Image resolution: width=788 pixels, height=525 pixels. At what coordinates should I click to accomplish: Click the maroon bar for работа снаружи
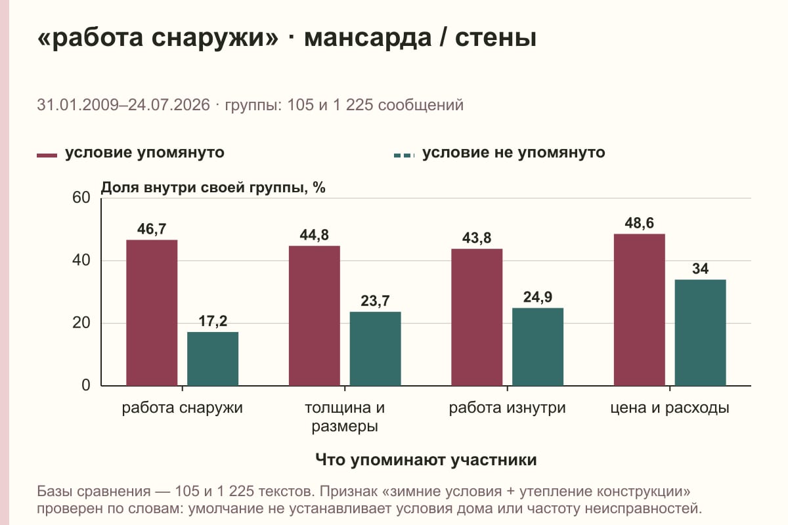152,312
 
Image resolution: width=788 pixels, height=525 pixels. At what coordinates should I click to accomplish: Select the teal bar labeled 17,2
213,359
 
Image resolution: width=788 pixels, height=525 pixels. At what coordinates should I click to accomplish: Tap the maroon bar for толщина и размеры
315,316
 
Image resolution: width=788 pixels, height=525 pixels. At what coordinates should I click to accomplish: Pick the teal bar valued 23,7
376,348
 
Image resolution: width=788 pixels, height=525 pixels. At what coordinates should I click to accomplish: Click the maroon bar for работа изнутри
477,317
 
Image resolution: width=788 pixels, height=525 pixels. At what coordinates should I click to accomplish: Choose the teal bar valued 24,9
538,346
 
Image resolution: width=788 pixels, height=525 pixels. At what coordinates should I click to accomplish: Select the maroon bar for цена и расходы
640,310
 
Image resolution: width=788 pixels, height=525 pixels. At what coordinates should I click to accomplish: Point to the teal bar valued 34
701,333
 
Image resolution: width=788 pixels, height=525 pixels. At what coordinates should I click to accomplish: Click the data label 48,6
640,223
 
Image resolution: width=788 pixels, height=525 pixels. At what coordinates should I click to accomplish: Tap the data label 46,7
152,229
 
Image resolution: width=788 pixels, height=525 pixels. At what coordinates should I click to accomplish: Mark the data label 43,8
477,238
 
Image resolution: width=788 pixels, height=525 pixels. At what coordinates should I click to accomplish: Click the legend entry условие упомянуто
131,153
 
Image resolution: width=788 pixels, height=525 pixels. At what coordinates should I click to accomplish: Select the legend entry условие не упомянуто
500,153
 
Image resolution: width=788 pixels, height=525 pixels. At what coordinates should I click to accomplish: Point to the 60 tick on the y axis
81,198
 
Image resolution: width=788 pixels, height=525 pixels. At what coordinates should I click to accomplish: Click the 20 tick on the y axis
81,323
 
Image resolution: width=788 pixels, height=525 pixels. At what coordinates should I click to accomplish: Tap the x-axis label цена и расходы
670,408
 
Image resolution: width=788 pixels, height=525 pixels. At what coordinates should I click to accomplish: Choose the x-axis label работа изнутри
507,408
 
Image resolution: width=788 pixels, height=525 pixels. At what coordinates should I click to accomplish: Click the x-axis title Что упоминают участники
426,459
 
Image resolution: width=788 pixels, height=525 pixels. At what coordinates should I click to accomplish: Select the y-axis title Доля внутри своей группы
202,188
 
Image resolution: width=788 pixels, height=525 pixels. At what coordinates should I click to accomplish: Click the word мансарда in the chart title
368,38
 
